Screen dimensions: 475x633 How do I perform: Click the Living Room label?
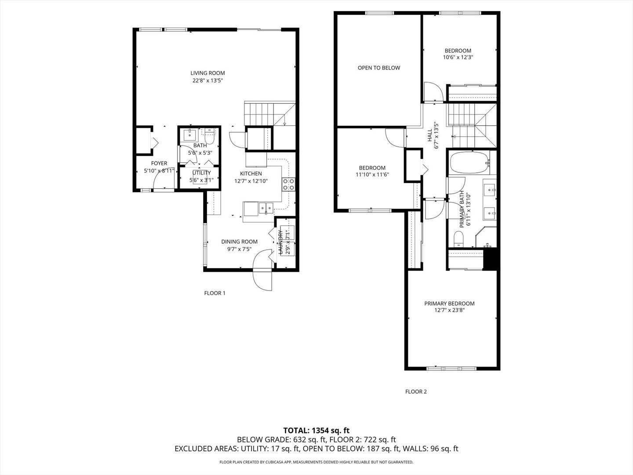click(x=207, y=73)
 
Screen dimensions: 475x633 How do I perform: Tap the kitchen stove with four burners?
click(x=288, y=184)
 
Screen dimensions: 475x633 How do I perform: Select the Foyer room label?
click(x=159, y=163)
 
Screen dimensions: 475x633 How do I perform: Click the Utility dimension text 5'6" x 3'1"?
click(x=201, y=180)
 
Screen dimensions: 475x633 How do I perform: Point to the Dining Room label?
click(x=239, y=241)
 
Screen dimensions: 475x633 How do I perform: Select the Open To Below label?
click(x=378, y=68)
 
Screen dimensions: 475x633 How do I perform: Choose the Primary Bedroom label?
click(x=449, y=303)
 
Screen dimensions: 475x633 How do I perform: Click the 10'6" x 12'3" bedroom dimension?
click(x=458, y=57)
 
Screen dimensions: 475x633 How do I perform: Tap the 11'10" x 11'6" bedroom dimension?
click(x=372, y=174)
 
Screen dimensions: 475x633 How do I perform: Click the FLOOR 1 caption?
click(x=215, y=293)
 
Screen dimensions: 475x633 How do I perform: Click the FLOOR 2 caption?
click(x=415, y=391)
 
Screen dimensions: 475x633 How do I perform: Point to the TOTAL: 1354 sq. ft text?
click(x=316, y=430)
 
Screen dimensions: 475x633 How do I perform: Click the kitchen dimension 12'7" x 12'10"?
click(x=251, y=181)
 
